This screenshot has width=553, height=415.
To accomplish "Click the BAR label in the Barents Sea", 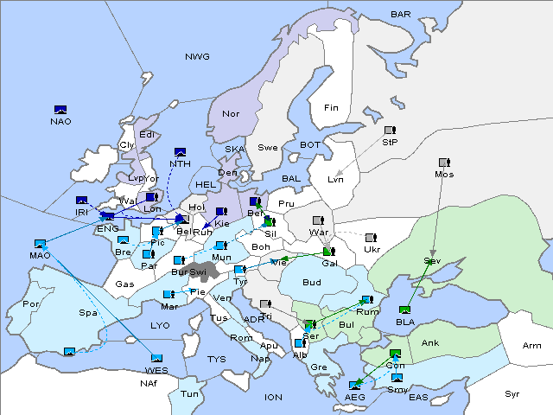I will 401,15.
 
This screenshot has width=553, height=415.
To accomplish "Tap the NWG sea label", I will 197,57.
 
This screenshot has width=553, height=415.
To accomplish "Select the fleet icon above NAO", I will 60,110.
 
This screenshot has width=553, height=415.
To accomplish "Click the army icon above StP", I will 390,131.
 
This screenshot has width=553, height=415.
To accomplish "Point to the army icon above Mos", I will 444,163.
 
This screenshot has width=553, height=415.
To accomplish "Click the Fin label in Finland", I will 330,108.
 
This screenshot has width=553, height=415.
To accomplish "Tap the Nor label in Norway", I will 231,113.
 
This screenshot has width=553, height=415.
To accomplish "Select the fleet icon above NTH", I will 181,152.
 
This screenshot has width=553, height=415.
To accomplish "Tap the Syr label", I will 512,393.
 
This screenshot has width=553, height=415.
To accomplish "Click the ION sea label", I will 273,397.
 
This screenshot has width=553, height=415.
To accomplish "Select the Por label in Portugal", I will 31,304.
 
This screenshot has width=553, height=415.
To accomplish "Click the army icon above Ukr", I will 371,238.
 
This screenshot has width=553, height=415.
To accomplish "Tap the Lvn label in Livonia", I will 336,180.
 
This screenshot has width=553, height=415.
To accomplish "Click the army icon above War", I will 318,220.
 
